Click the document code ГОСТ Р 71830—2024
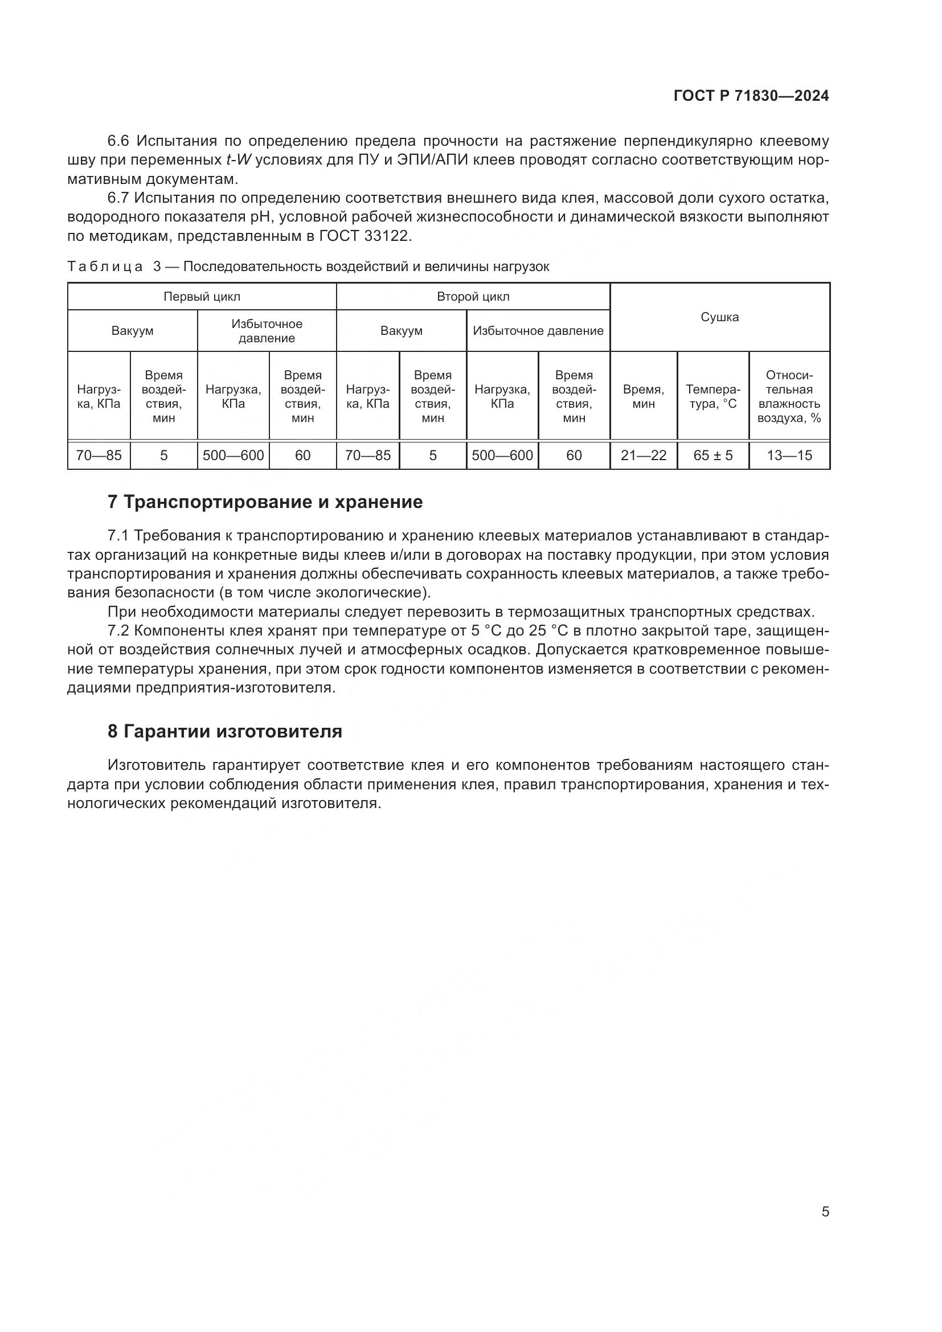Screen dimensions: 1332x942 pos(751,96)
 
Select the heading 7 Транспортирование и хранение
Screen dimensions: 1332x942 pos(265,502)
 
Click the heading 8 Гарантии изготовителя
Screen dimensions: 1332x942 pos(225,732)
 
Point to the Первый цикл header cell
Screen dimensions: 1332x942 pos(202,297)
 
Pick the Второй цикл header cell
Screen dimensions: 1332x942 pos(473,297)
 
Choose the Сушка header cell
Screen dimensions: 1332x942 pos(719,317)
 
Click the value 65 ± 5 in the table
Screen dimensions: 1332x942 pos(713,456)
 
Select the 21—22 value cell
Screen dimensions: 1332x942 pos(643,456)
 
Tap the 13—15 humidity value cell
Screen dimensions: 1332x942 pos(789,456)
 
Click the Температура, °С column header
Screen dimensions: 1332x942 pos(713,397)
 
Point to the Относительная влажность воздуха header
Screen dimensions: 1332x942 pos(789,397)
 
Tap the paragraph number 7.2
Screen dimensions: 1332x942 pos(120,630)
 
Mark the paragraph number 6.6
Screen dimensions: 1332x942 pos(120,141)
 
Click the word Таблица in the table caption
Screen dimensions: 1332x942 pos(105,267)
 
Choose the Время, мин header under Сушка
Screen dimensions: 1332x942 pos(643,397)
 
